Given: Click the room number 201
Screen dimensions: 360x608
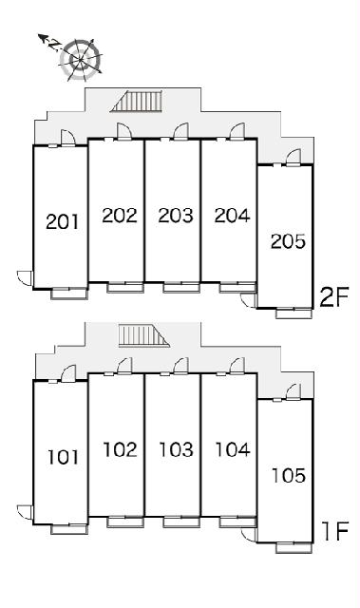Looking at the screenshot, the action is click(x=63, y=221).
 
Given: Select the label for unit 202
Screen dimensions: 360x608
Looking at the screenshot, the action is click(x=120, y=216).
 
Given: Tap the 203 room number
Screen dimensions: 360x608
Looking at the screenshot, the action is click(x=176, y=216).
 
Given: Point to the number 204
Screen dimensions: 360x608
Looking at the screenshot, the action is click(x=232, y=216).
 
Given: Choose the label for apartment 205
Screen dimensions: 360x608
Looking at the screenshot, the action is click(x=289, y=241).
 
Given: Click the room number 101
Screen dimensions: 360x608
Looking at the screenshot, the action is click(x=63, y=457).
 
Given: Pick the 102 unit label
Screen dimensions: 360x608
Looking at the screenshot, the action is click(x=120, y=449).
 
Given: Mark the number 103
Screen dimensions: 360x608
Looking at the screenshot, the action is click(x=177, y=449).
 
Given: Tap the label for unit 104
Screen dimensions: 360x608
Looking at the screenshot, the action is click(x=233, y=449).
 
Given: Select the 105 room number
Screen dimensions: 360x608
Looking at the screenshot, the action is click(x=289, y=475).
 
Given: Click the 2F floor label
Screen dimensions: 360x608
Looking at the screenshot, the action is click(x=334, y=297).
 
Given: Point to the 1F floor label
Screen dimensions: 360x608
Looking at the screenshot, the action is click(x=335, y=531).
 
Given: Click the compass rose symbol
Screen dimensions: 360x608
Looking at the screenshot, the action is click(x=81, y=60).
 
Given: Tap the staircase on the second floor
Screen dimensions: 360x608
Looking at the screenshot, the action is click(x=137, y=102).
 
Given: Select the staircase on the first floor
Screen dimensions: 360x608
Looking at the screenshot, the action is click(x=143, y=335).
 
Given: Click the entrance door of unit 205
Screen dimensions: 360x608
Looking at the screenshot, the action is click(x=294, y=159).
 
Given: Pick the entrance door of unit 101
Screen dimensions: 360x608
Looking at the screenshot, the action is click(x=68, y=373).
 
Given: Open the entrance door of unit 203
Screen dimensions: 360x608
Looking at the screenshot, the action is click(x=181, y=132).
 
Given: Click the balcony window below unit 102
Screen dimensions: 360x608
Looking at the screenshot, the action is click(x=125, y=522).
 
